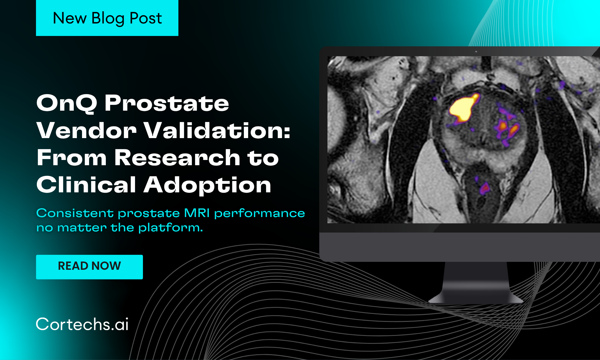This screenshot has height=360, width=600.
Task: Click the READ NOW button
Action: click(89, 267)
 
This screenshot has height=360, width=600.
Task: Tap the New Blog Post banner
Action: click(107, 18)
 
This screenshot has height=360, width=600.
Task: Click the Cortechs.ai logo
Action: click(82, 324)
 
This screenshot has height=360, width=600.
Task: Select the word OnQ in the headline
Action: click(66, 103)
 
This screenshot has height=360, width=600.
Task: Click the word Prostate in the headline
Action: click(167, 103)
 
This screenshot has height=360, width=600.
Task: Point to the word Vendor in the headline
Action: click(86, 130)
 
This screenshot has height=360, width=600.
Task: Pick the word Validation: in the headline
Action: click(217, 130)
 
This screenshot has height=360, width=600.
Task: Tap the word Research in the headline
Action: click(177, 158)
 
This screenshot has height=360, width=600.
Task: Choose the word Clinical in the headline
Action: click(86, 185)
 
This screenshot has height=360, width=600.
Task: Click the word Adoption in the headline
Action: click(207, 185)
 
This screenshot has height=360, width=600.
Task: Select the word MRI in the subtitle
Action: click(197, 213)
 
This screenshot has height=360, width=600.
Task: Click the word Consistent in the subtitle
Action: click(75, 213)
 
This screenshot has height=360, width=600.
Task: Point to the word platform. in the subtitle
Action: click(170, 228)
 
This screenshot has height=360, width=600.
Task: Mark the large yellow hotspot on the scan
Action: click(463, 108)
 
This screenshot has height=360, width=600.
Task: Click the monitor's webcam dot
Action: click(476, 52)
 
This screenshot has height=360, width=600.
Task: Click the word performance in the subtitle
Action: click(259, 213)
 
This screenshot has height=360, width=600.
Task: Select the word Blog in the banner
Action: click(108, 19)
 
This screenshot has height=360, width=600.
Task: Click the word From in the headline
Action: click(72, 158)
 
